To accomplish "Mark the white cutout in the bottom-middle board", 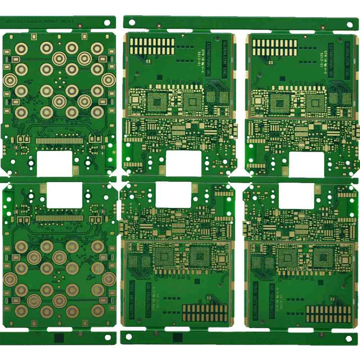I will click(173, 196).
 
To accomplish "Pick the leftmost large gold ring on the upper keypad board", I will click(9, 80).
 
